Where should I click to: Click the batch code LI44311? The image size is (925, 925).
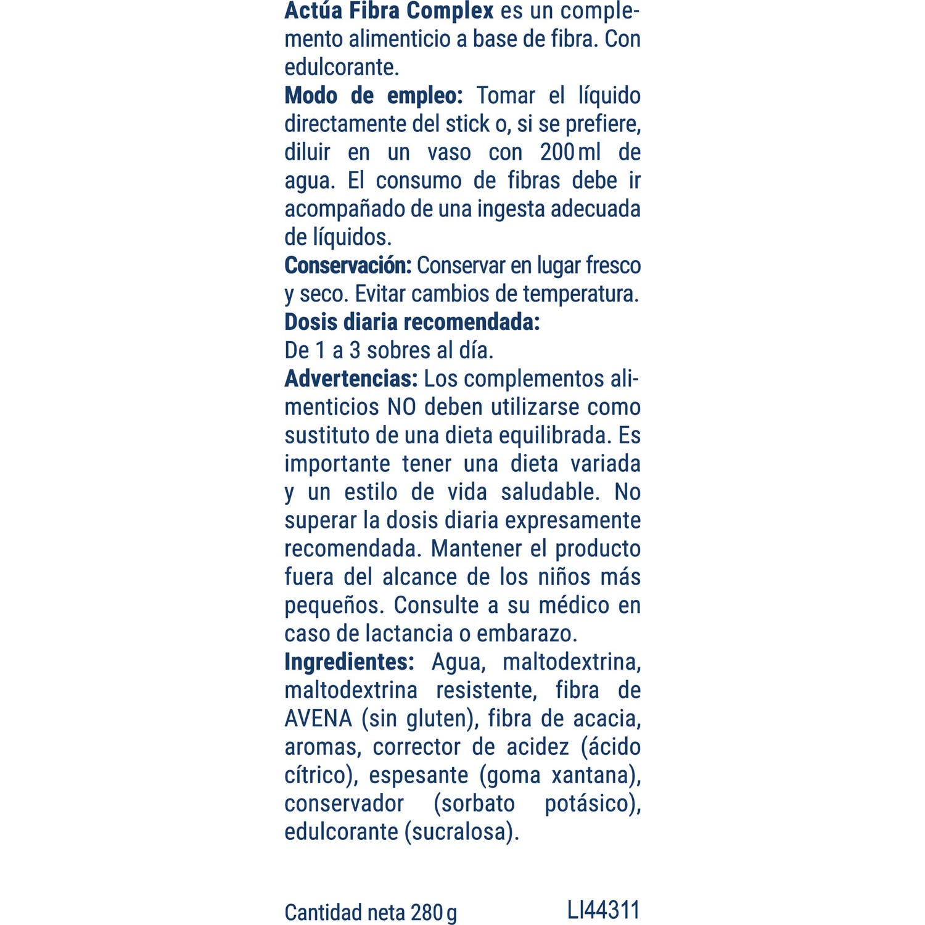click(x=604, y=910)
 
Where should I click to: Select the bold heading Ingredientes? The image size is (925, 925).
click(x=349, y=662)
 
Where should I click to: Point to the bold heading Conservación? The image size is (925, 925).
click(x=348, y=265)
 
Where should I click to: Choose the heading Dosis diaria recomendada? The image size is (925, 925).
click(x=412, y=322)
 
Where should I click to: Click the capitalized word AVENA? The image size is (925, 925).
click(x=318, y=718)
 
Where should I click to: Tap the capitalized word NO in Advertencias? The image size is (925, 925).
click(x=401, y=407)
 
